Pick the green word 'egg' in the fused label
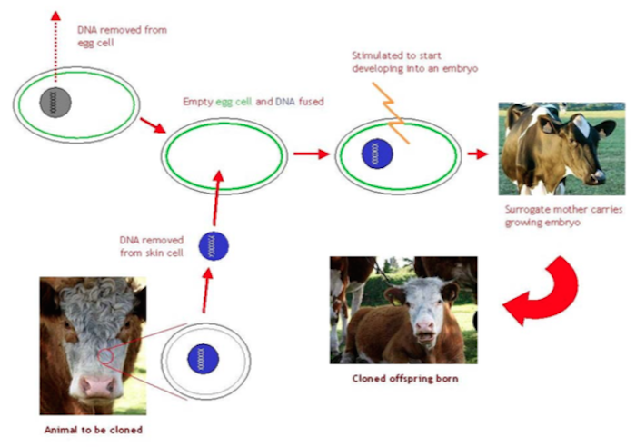(224, 102)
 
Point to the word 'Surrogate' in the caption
(529, 208)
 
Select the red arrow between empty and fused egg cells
(306, 153)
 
